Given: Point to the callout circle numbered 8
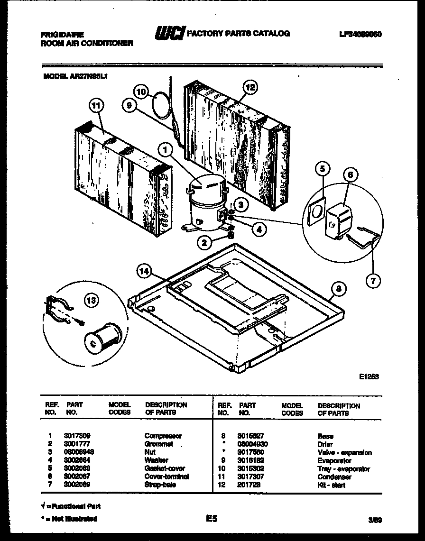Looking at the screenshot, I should pyautogui.click(x=338, y=289).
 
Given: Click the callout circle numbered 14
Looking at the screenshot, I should pyautogui.click(x=144, y=271).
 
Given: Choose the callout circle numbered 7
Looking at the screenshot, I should pyautogui.click(x=373, y=280).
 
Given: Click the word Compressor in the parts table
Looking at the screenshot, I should pyautogui.click(x=163, y=436).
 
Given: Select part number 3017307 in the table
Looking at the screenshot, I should pyautogui.click(x=251, y=477).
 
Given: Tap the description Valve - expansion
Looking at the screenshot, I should pyautogui.click(x=344, y=452).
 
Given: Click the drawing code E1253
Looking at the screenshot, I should pyautogui.click(x=369, y=376).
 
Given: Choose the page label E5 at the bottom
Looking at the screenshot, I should pyautogui.click(x=212, y=519).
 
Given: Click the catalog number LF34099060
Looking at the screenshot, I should pyautogui.click(x=360, y=34).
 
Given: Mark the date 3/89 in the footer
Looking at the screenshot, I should pyautogui.click(x=374, y=520).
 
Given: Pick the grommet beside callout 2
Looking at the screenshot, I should pyautogui.click(x=231, y=235).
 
